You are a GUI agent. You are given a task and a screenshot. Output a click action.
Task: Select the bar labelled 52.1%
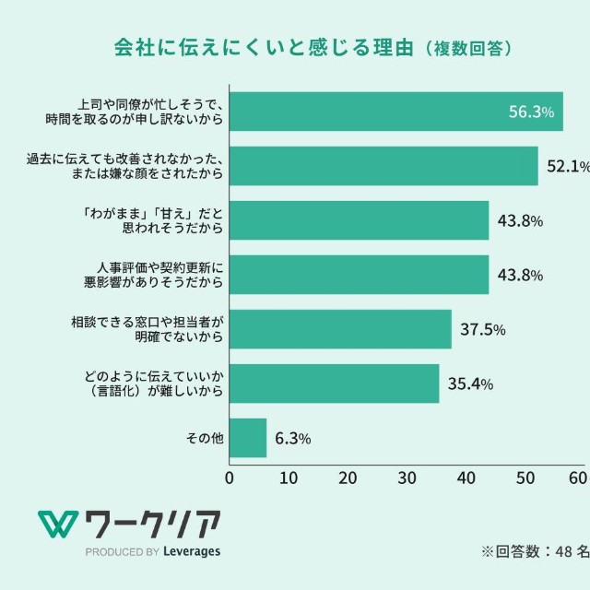click(383, 166)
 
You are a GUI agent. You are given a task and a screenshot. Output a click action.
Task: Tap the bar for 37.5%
click(340, 329)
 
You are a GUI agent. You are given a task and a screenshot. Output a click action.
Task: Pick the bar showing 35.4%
click(334, 383)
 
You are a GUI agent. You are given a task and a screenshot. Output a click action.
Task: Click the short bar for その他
click(247, 438)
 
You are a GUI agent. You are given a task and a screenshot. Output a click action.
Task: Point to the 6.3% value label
click(292, 438)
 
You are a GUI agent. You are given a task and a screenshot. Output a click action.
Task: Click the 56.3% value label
click(531, 112)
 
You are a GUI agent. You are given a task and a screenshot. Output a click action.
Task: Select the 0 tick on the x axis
click(230, 478)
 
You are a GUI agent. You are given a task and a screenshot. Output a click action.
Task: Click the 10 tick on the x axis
click(289, 478)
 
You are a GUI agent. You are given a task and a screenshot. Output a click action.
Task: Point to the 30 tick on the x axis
click(407, 478)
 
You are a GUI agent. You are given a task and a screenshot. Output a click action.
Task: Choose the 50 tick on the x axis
click(525, 478)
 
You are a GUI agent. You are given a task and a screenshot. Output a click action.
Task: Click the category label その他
click(206, 439)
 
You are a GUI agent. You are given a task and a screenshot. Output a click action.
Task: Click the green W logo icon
click(56, 525)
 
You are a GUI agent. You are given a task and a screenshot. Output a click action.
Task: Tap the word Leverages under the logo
click(192, 552)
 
